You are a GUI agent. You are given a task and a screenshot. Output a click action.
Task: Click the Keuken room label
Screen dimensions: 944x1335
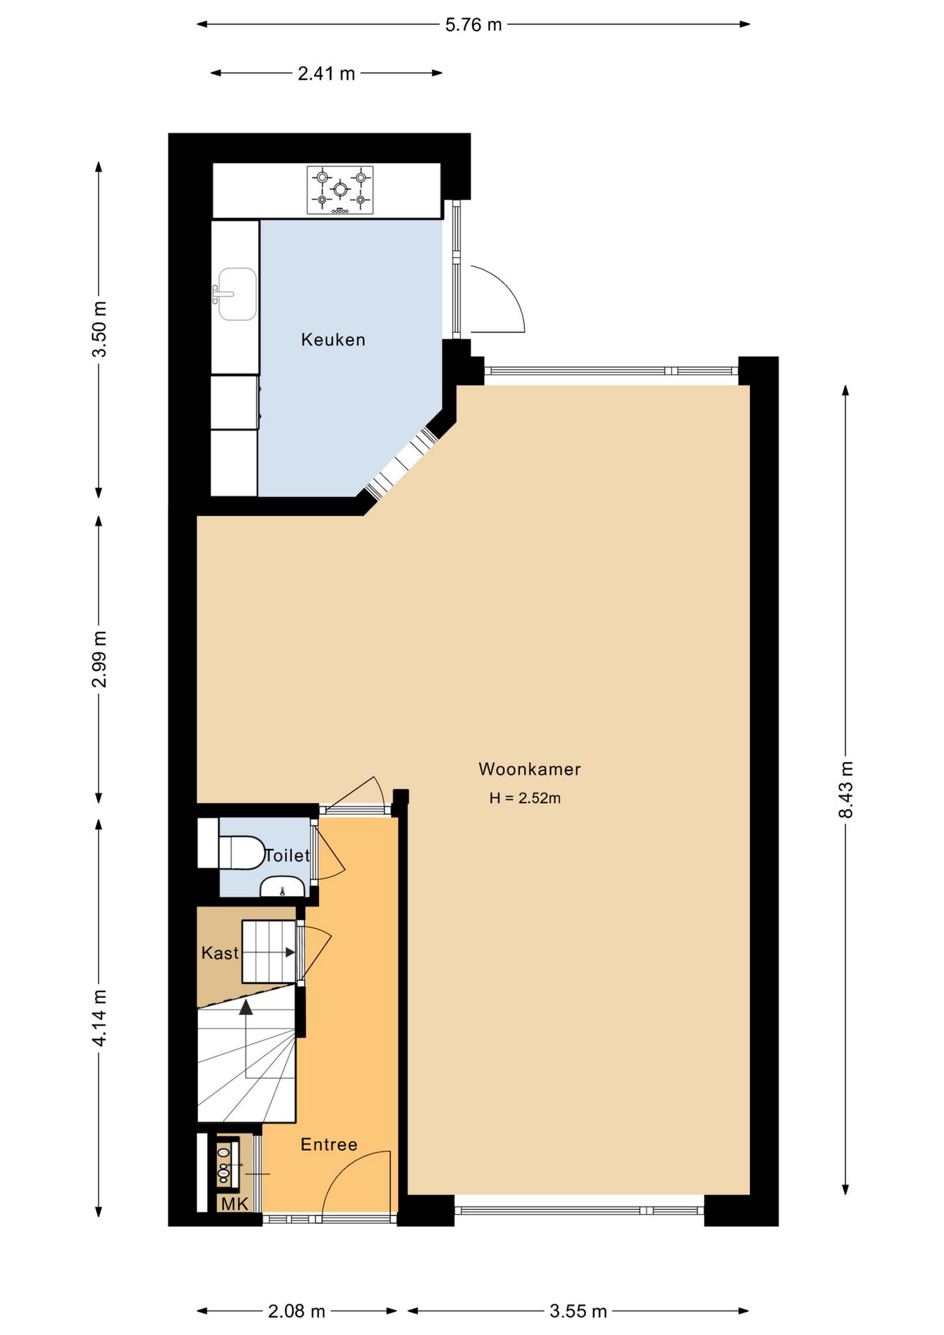click(333, 339)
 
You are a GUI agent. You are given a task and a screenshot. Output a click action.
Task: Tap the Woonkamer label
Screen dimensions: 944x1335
click(530, 769)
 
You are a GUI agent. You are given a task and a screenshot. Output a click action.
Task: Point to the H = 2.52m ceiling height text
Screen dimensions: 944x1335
click(525, 798)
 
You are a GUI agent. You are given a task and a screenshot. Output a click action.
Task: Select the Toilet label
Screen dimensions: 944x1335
click(287, 855)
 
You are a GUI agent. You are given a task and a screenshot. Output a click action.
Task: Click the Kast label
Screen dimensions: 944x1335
click(220, 953)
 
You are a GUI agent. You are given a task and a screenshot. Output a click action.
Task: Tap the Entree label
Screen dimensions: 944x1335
click(329, 1144)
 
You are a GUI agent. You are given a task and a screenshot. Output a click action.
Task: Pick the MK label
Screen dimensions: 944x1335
click(234, 1204)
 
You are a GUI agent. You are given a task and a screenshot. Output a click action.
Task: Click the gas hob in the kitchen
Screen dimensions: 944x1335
click(340, 190)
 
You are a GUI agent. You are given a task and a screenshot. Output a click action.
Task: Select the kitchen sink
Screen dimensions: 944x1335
click(235, 294)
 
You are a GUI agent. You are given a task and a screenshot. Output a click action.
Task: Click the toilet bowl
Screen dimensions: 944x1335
click(241, 852)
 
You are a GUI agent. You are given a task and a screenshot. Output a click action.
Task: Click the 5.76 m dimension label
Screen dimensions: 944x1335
click(473, 25)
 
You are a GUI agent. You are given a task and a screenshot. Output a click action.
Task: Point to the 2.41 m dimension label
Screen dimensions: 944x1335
click(326, 74)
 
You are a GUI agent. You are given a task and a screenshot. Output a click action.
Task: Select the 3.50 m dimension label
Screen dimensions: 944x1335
click(99, 329)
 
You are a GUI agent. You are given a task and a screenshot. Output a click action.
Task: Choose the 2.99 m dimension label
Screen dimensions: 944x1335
click(99, 659)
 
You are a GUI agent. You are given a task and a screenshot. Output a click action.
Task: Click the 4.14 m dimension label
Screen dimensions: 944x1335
click(99, 1018)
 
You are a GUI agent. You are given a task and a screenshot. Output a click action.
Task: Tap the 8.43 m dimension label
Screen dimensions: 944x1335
click(846, 789)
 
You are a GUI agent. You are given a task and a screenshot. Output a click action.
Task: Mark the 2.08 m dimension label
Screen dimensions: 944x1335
click(297, 1311)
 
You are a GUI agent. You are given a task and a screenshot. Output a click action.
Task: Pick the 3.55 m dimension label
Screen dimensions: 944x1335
click(578, 1311)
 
